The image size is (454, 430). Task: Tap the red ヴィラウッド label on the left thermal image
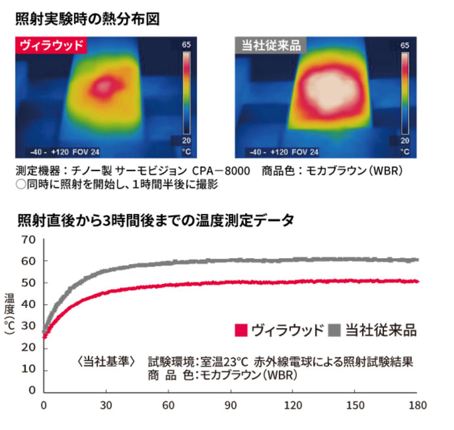pyautogui.click(x=51, y=46)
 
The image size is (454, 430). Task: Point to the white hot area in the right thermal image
pyautogui.click(x=331, y=87)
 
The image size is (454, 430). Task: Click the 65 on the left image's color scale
pyautogui.click(x=186, y=45)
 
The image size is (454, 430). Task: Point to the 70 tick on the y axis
pyautogui.click(x=27, y=239)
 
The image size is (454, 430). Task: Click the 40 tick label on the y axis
pyautogui.click(x=27, y=305)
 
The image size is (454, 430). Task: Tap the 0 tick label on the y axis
pyautogui.click(x=31, y=391)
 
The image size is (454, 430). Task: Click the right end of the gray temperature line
pyautogui.click(x=417, y=259)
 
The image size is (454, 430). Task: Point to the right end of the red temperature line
pyautogui.click(x=417, y=281)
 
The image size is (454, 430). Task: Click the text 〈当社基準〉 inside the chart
pyautogui.click(x=106, y=363)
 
